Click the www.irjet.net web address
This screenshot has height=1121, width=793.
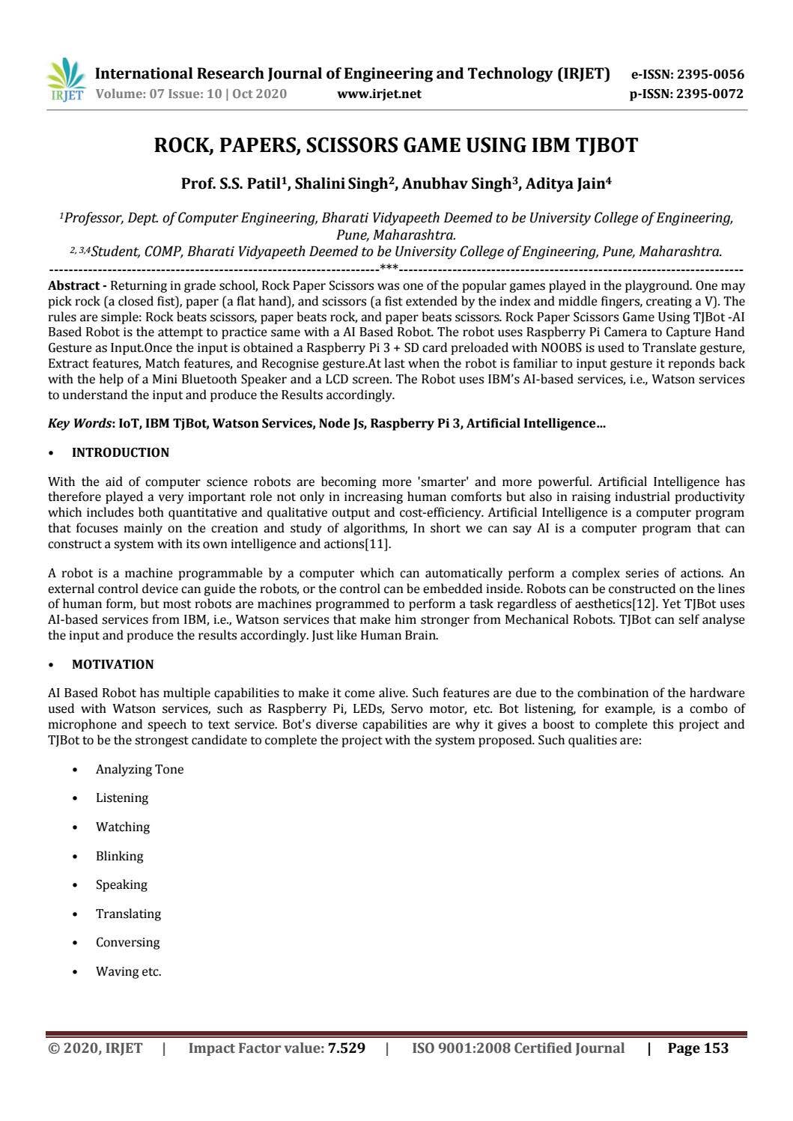coord(379,94)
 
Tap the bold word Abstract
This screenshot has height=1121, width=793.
coord(73,285)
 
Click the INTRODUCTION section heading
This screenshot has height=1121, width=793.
coord(120,452)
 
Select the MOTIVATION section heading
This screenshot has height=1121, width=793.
coord(112,664)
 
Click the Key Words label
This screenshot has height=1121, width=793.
coord(79,424)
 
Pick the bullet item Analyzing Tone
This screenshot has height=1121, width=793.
coord(139,770)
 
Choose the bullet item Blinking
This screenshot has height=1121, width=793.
coord(119,856)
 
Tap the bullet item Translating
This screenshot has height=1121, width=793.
coord(128,914)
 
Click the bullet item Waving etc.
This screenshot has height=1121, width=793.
coord(128,971)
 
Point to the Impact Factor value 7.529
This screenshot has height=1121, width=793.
coord(347,1048)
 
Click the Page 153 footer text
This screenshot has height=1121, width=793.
coord(697,1048)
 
